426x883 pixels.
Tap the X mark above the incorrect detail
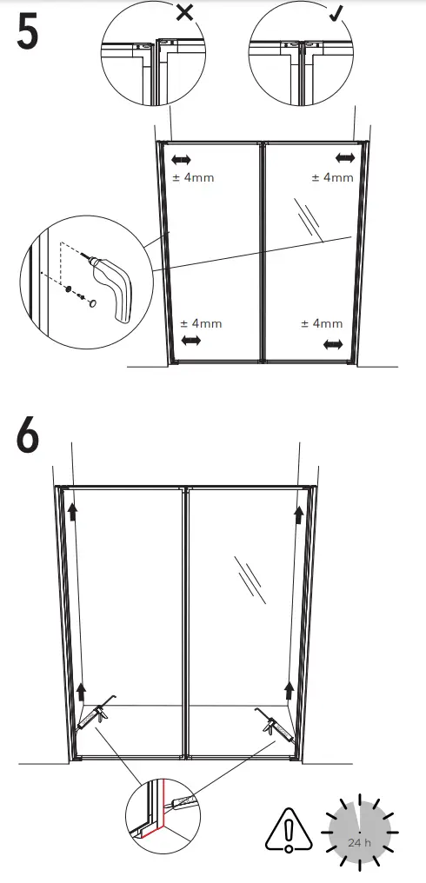coord(184,12)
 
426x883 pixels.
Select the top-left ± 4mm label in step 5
coord(191,177)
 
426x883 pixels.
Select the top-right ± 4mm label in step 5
coord(332,177)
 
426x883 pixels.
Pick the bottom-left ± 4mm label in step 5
coord(201,323)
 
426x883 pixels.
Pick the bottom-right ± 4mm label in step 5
coord(322,323)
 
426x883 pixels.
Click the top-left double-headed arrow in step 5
coord(182,160)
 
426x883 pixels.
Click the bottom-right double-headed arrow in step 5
coord(332,345)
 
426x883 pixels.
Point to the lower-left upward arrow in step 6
coord(81,692)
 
